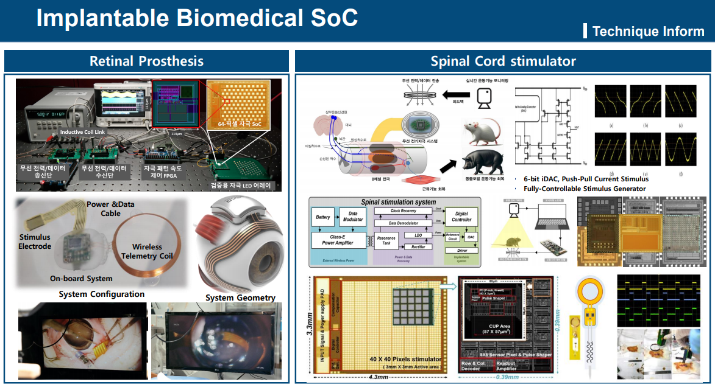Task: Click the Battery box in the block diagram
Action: pyautogui.click(x=322, y=217)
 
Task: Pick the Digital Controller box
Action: pyautogui.click(x=461, y=216)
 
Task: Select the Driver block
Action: pyautogui.click(x=461, y=250)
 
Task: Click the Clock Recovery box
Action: pyautogui.click(x=403, y=211)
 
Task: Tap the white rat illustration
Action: pyautogui.click(x=481, y=131)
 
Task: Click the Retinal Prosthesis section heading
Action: pyautogui.click(x=146, y=61)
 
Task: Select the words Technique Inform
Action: pyautogui.click(x=648, y=31)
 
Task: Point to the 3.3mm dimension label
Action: pyautogui.click(x=310, y=325)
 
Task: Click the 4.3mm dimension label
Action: pyautogui.click(x=378, y=377)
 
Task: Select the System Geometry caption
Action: pyautogui.click(x=240, y=298)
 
